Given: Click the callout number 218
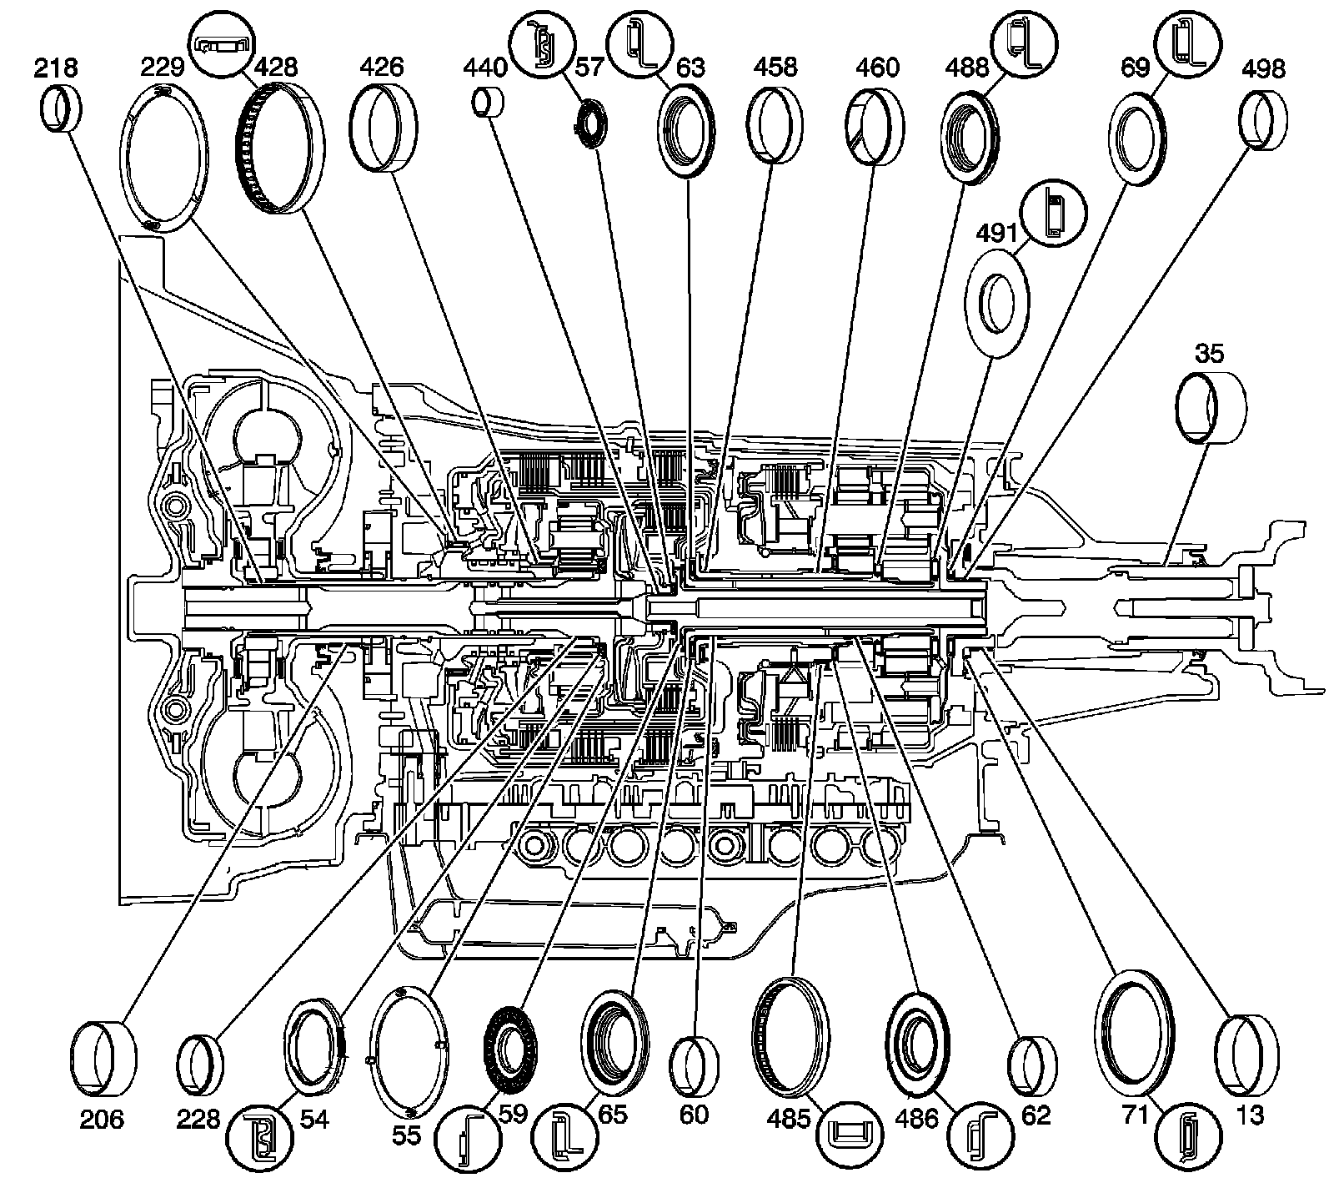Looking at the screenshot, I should coord(56,68).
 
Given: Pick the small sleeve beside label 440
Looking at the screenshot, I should coord(489,102).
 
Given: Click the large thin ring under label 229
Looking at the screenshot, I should coord(166,158).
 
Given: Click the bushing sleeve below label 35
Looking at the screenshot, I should coord(1210,406).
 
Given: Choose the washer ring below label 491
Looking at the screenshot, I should coord(996,302).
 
